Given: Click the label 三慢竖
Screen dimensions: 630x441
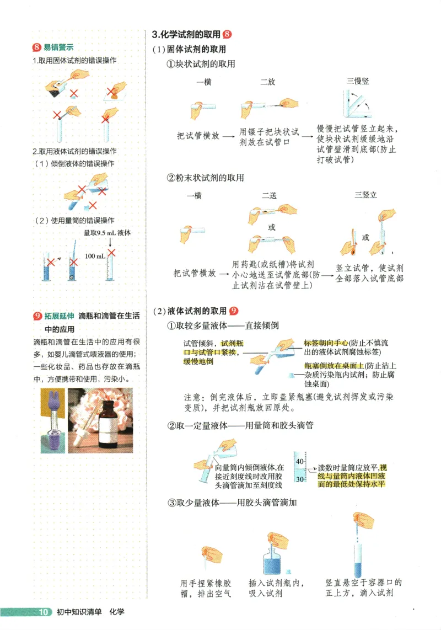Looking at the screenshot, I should [358, 81].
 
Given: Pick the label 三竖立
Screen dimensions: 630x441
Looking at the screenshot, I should [365, 195].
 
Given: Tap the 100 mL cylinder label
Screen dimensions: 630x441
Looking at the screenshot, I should [95, 257].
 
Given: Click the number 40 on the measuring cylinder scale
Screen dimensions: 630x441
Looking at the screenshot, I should [299, 461].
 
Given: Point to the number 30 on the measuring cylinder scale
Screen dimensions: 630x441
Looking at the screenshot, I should [299, 479].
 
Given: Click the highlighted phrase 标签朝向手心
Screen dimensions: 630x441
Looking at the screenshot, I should [326, 343].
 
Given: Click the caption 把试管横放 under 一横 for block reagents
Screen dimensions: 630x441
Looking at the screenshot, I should [198, 135].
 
